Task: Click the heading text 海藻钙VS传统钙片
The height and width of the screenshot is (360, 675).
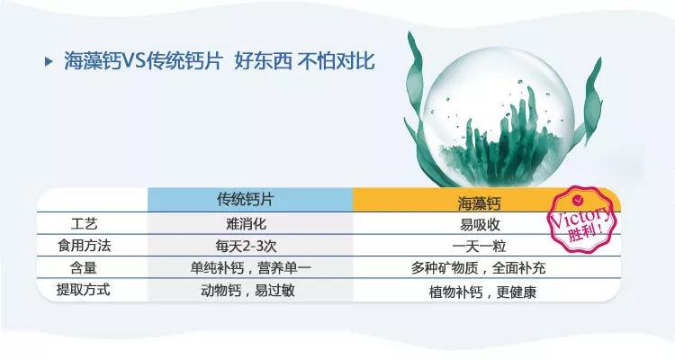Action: [153, 62]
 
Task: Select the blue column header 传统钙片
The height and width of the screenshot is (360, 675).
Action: [249, 199]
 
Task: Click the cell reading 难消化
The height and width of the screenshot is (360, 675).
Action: [249, 222]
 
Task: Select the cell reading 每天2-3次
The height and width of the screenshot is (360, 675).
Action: [249, 245]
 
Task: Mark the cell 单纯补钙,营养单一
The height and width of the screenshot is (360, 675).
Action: [249, 268]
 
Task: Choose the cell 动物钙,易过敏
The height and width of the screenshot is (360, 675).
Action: [249, 291]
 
